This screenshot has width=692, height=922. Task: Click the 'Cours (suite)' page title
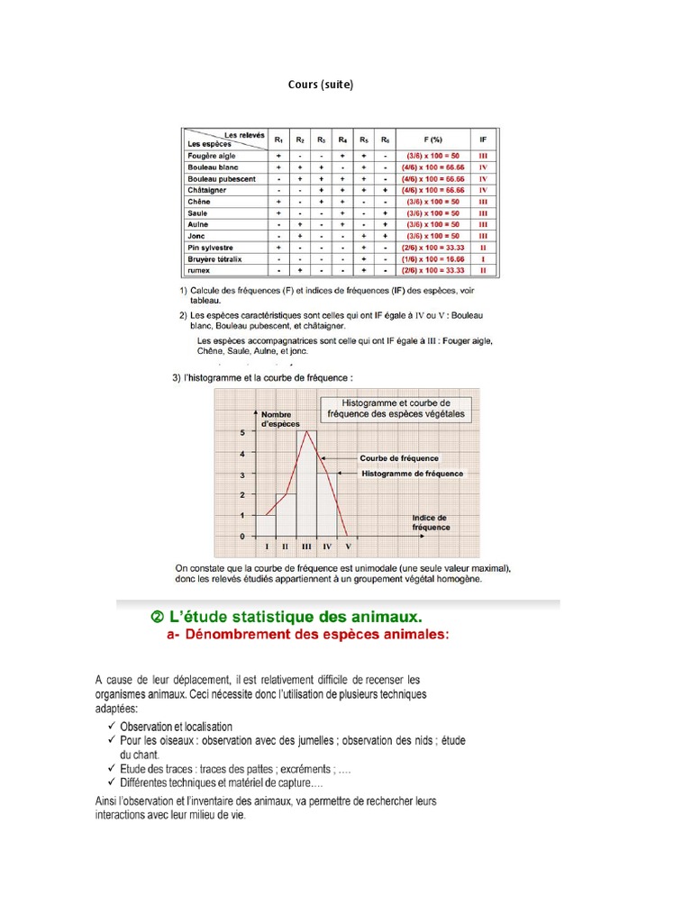(321, 85)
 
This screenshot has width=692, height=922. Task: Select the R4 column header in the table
(343, 140)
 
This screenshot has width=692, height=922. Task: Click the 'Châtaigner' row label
(208, 190)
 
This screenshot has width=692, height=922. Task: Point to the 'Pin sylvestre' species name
(210, 247)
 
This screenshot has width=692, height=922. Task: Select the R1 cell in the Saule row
(278, 212)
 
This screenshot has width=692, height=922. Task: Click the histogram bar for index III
(306, 486)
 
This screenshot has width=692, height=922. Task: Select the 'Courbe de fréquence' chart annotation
(400, 457)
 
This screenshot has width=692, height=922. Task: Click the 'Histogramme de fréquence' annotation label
(412, 474)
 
